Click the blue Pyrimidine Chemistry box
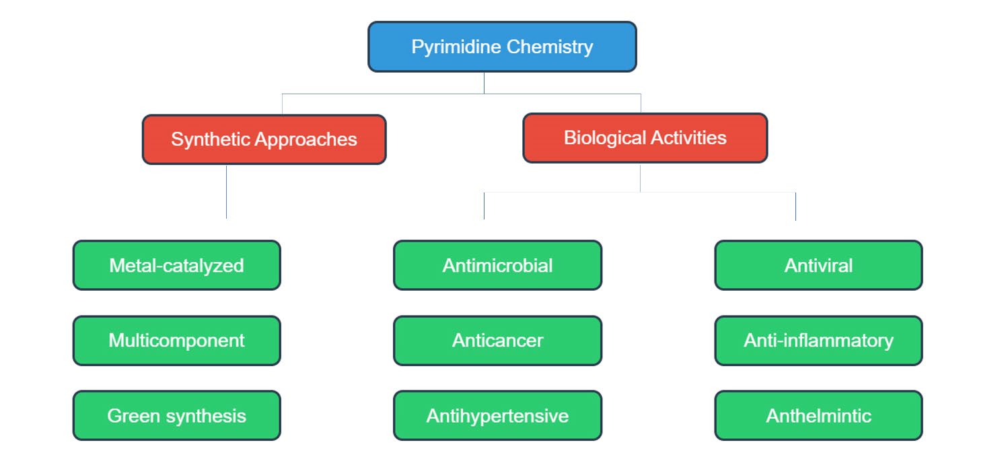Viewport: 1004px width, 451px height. pos(502,46)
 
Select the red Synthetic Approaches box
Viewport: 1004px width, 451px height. pos(264,139)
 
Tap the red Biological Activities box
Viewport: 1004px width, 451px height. pos(645,138)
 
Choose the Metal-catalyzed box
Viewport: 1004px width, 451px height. pos(176,265)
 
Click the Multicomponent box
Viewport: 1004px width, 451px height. pos(176,341)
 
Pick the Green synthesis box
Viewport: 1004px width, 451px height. pos(176,415)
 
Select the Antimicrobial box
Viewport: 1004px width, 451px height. pos(497,265)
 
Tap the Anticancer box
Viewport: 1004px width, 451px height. pos(497,341)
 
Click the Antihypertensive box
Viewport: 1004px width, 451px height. pos(497,415)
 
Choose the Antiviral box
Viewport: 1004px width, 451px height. pos(818,265)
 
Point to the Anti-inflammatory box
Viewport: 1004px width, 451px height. pos(818,341)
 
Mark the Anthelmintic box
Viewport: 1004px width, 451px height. pos(818,415)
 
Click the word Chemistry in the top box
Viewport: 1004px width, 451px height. pos(550,47)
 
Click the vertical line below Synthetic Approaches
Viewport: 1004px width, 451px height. pos(226,192)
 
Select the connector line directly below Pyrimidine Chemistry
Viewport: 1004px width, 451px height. pos(484,83)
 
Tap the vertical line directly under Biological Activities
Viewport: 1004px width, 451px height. pos(640,178)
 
